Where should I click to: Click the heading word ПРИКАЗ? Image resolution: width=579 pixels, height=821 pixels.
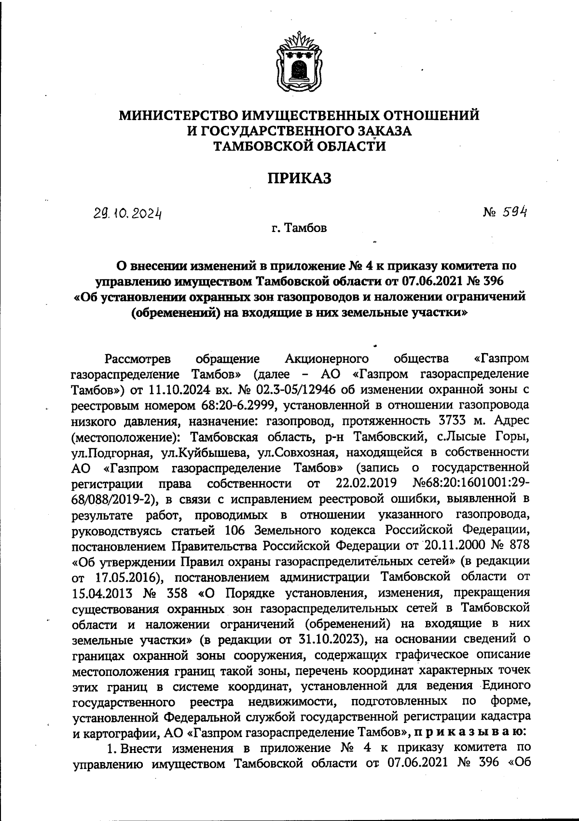coord(300,179)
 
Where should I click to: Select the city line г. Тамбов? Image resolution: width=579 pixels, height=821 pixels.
coord(299,228)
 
